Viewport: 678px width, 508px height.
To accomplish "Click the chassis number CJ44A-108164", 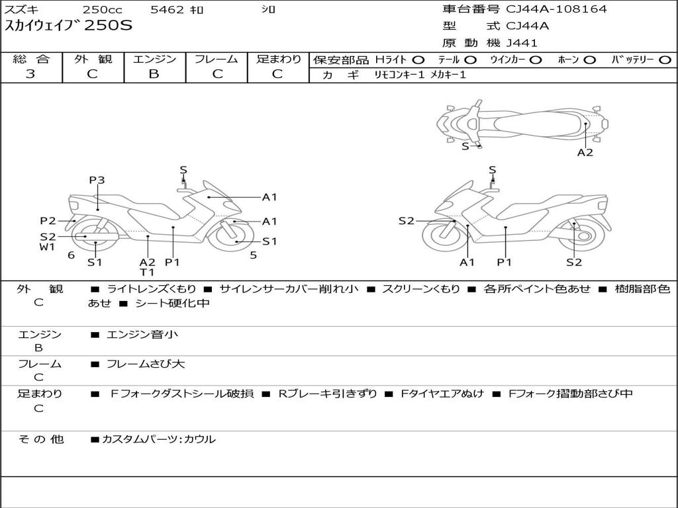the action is [556, 9].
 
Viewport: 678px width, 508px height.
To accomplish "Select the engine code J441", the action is [522, 43].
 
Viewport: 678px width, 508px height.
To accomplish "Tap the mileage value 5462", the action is [166, 9].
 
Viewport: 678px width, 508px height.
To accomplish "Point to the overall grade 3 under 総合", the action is [30, 74].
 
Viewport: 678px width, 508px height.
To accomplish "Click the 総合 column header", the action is [31, 60].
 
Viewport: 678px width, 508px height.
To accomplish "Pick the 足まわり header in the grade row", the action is [279, 60].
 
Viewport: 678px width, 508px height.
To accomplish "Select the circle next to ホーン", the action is [590, 60].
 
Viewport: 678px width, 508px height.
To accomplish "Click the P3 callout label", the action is [97, 180].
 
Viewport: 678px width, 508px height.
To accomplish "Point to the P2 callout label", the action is [48, 221].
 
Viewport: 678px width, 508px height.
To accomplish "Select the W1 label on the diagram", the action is [46, 247].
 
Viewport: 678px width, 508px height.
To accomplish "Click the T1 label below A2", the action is [147, 273].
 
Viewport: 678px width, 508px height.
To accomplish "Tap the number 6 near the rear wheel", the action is [71, 255].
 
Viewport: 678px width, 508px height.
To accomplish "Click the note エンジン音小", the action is [142, 335].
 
